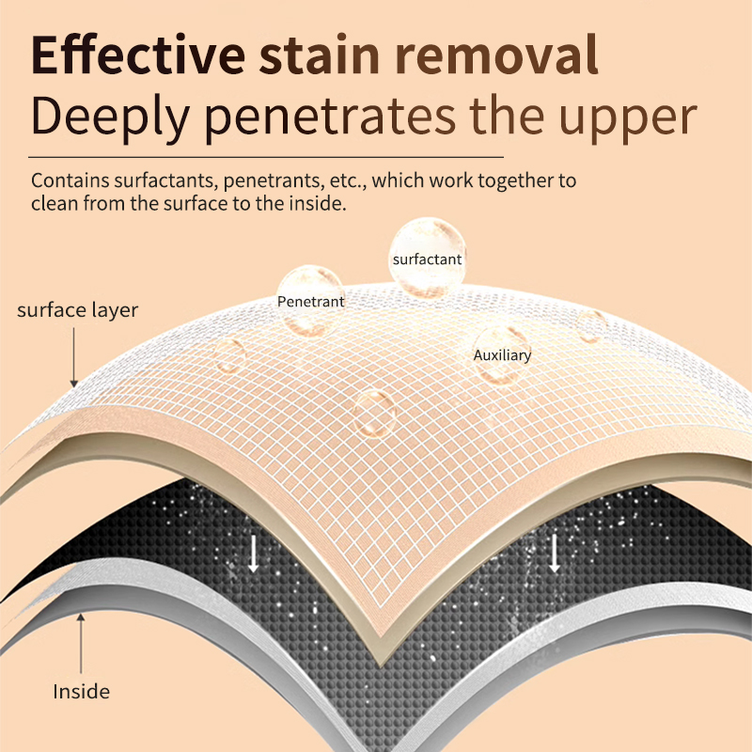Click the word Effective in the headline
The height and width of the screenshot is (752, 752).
pos(138,55)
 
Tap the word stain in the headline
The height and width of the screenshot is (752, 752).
pos(320,55)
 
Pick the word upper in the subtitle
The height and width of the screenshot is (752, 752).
pos(628,120)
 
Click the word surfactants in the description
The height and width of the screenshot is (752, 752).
pos(166,180)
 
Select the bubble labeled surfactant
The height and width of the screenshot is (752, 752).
pos(428,258)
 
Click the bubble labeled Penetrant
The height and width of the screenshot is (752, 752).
pos(310,300)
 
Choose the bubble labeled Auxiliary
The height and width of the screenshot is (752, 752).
pos(502,355)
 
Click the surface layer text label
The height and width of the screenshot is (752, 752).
pos(77,310)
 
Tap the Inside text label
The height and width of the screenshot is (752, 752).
pos(81,691)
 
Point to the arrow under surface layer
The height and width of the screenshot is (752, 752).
pos(74,357)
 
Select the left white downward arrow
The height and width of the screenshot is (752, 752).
pos(253,554)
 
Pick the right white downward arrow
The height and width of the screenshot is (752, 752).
pos(555,554)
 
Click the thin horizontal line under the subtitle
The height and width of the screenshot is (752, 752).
pos(266,157)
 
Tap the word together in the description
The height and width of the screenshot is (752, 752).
pos(514,181)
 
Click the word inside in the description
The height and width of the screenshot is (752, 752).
pos(317,203)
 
